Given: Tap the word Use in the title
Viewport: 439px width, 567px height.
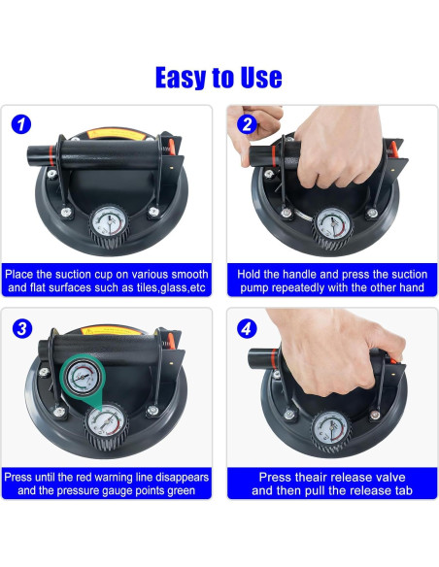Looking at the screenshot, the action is coord(261,77).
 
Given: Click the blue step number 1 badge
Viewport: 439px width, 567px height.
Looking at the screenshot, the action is coord(21,124).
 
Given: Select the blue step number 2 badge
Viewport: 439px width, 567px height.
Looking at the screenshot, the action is coord(247,124).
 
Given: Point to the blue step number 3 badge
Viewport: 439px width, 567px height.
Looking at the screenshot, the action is coord(22,329).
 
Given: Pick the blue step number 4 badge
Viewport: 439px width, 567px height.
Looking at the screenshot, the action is coord(247,329).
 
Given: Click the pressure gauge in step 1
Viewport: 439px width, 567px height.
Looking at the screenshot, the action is coord(108,222).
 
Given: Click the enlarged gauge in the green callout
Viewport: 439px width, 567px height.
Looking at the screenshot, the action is coord(82,377).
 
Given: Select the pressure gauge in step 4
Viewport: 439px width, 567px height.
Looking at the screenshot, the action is coord(331,429).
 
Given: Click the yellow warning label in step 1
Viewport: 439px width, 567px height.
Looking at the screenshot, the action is coord(116,135).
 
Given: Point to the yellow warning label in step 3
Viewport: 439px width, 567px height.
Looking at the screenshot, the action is coord(111,330).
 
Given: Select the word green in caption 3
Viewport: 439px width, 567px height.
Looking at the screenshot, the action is coord(181,491).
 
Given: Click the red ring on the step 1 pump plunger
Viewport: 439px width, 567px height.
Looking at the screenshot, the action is coord(51,155).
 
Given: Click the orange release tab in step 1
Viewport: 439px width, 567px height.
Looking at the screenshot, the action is coord(172,147).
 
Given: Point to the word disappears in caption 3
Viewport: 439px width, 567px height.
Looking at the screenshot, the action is coord(182,478).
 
